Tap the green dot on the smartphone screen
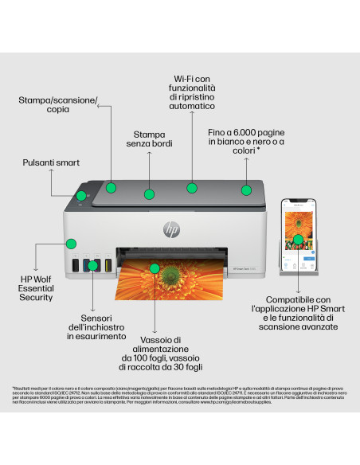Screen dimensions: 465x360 click(x=298, y=238)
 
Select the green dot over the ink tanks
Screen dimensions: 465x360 click(x=92, y=264)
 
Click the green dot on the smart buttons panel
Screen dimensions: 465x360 click(x=80, y=195)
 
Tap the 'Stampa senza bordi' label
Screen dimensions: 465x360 click(x=149, y=138)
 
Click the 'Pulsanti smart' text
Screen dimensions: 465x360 click(x=50, y=162)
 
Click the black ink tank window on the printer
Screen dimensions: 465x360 click(x=76, y=265)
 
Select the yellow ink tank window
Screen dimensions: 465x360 click(x=107, y=265)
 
